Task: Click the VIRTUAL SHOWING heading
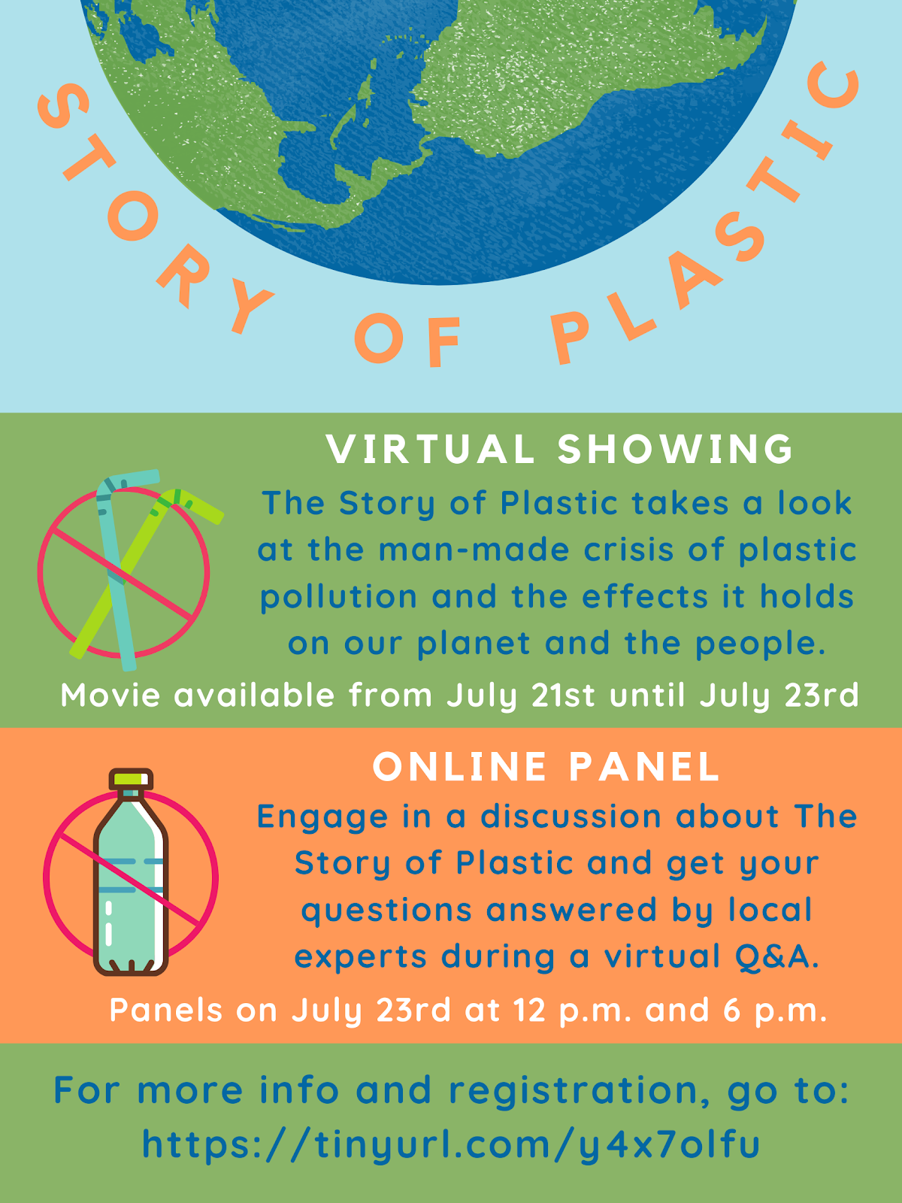coord(559,450)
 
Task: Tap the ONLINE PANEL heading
coord(546,766)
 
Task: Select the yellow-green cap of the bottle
coord(131,779)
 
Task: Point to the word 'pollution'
coord(338,596)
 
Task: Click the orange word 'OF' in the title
coord(407,341)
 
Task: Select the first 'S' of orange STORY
coord(63,108)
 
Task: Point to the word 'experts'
coord(360,957)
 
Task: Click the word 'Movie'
coord(110,695)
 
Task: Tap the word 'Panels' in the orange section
coord(166,1010)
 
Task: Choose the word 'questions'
coord(386,911)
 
